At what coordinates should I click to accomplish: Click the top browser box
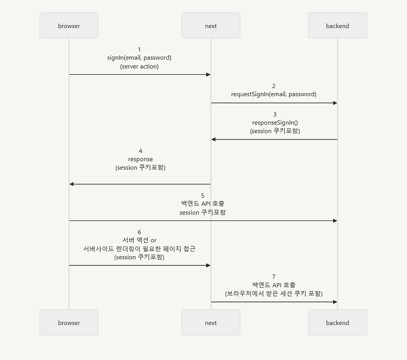(x=69, y=25)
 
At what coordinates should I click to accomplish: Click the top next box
(x=211, y=25)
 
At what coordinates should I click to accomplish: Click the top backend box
(x=337, y=25)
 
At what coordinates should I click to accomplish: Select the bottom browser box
(x=69, y=323)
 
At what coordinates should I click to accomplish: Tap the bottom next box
(x=211, y=323)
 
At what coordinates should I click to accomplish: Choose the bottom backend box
(x=337, y=323)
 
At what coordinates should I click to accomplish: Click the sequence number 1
(x=139, y=49)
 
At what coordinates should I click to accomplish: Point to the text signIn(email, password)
(x=139, y=58)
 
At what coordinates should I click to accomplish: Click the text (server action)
(x=139, y=66)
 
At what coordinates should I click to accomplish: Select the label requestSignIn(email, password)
(x=274, y=94)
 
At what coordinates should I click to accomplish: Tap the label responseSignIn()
(x=274, y=123)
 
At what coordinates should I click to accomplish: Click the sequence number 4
(x=140, y=151)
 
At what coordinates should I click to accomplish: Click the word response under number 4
(x=140, y=159)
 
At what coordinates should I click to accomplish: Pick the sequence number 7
(x=274, y=276)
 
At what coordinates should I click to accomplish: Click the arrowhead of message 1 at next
(x=208, y=75)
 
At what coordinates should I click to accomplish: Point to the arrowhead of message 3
(x=214, y=140)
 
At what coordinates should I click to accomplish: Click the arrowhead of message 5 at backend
(x=335, y=221)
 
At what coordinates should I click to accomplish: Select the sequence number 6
(x=139, y=232)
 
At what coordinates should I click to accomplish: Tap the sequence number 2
(x=274, y=86)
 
